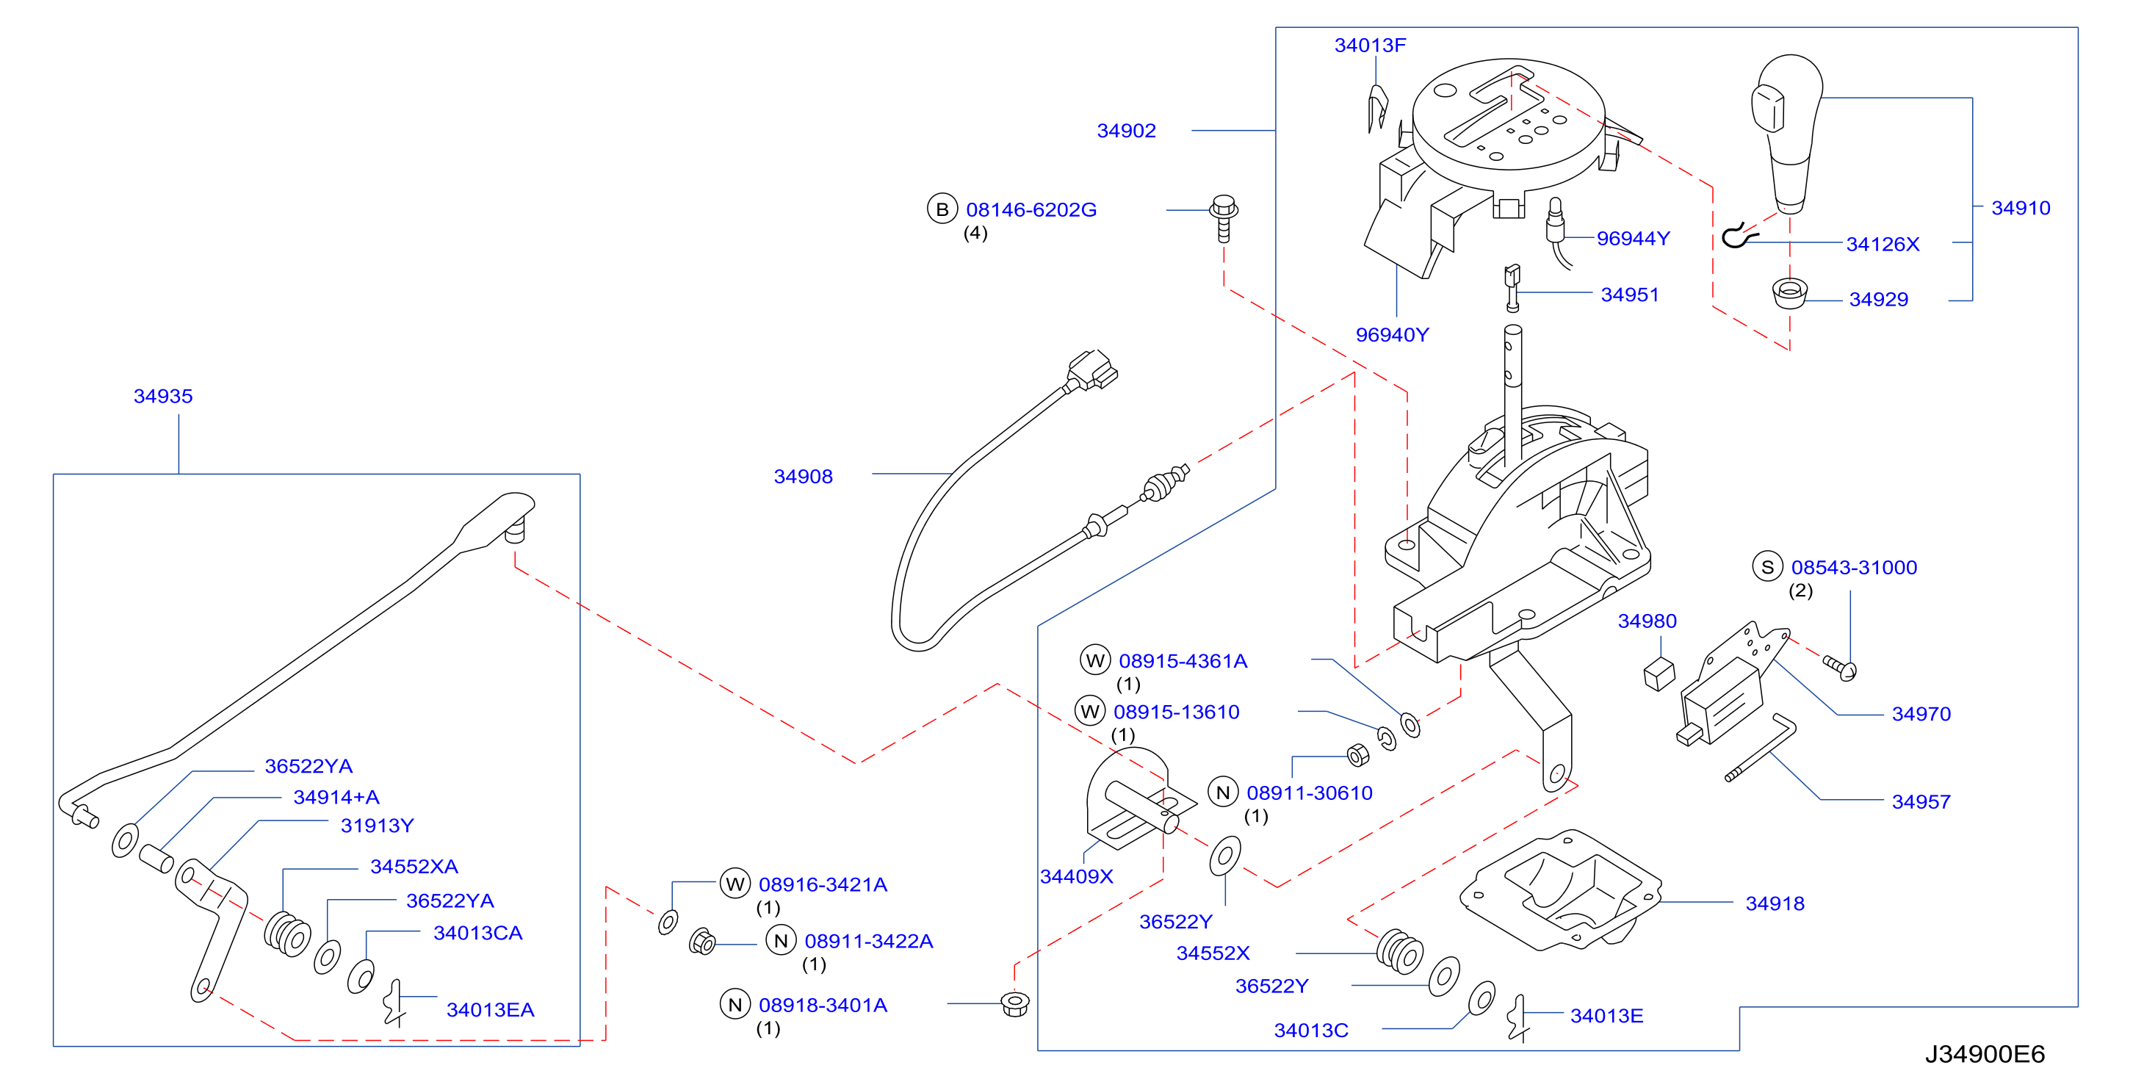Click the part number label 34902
(x=1126, y=131)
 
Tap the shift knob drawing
(x=1788, y=132)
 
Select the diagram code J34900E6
(x=1985, y=1055)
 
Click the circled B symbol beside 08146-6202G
(x=942, y=209)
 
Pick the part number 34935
(x=163, y=396)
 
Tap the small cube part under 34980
(x=1659, y=674)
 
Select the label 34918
(x=1775, y=903)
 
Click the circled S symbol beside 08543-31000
(x=1768, y=567)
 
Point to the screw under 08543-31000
(x=1841, y=668)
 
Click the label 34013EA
(x=490, y=1010)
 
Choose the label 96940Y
(x=1392, y=335)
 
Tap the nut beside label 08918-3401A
(x=1015, y=1003)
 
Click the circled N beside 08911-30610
(x=1223, y=793)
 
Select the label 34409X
(x=1077, y=876)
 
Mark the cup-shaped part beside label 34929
(x=1789, y=293)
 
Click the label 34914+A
(x=336, y=797)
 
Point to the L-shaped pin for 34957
(x=1761, y=747)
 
